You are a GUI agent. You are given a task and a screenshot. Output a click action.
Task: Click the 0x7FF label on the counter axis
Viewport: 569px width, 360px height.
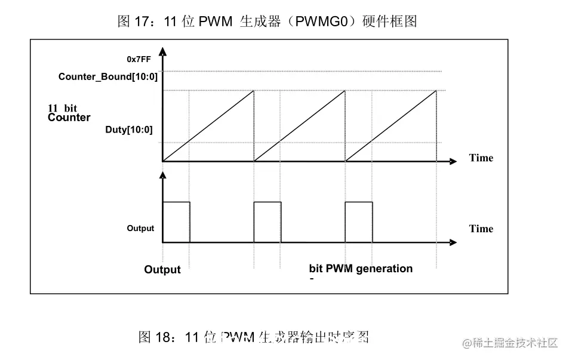point(139,59)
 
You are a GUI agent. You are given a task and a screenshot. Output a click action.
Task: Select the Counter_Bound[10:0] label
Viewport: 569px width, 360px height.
point(108,77)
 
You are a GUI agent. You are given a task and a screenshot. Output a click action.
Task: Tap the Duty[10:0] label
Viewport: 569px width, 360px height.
point(129,130)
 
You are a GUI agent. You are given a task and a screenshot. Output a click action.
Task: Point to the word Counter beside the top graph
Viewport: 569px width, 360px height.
point(69,118)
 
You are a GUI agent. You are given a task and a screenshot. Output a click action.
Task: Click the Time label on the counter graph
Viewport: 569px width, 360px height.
point(481,158)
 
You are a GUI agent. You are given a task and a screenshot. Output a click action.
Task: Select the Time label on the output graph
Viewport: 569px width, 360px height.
point(481,229)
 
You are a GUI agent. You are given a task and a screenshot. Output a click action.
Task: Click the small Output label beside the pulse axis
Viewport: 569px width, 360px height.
point(140,228)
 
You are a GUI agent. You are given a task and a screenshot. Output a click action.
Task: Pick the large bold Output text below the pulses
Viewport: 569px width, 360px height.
point(162,270)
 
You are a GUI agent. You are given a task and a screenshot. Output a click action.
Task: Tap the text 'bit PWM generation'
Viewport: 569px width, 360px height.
point(361,269)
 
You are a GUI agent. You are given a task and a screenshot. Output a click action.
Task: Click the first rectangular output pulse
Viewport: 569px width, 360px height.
point(176,222)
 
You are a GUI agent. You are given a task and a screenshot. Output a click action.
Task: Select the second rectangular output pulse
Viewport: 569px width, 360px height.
point(267,222)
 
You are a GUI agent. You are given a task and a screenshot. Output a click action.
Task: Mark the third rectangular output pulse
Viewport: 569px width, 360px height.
point(359,222)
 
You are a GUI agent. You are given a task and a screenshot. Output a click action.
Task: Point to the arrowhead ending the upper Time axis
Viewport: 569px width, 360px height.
point(454,161)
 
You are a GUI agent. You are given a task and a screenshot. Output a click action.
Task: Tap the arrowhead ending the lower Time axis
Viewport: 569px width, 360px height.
point(454,242)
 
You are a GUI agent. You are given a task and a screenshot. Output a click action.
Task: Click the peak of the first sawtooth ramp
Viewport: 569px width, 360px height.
point(254,91)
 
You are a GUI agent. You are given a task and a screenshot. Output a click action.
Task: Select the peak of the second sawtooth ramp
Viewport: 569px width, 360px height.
point(345,91)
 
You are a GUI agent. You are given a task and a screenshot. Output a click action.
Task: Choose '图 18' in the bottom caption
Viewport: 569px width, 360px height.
point(155,337)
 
